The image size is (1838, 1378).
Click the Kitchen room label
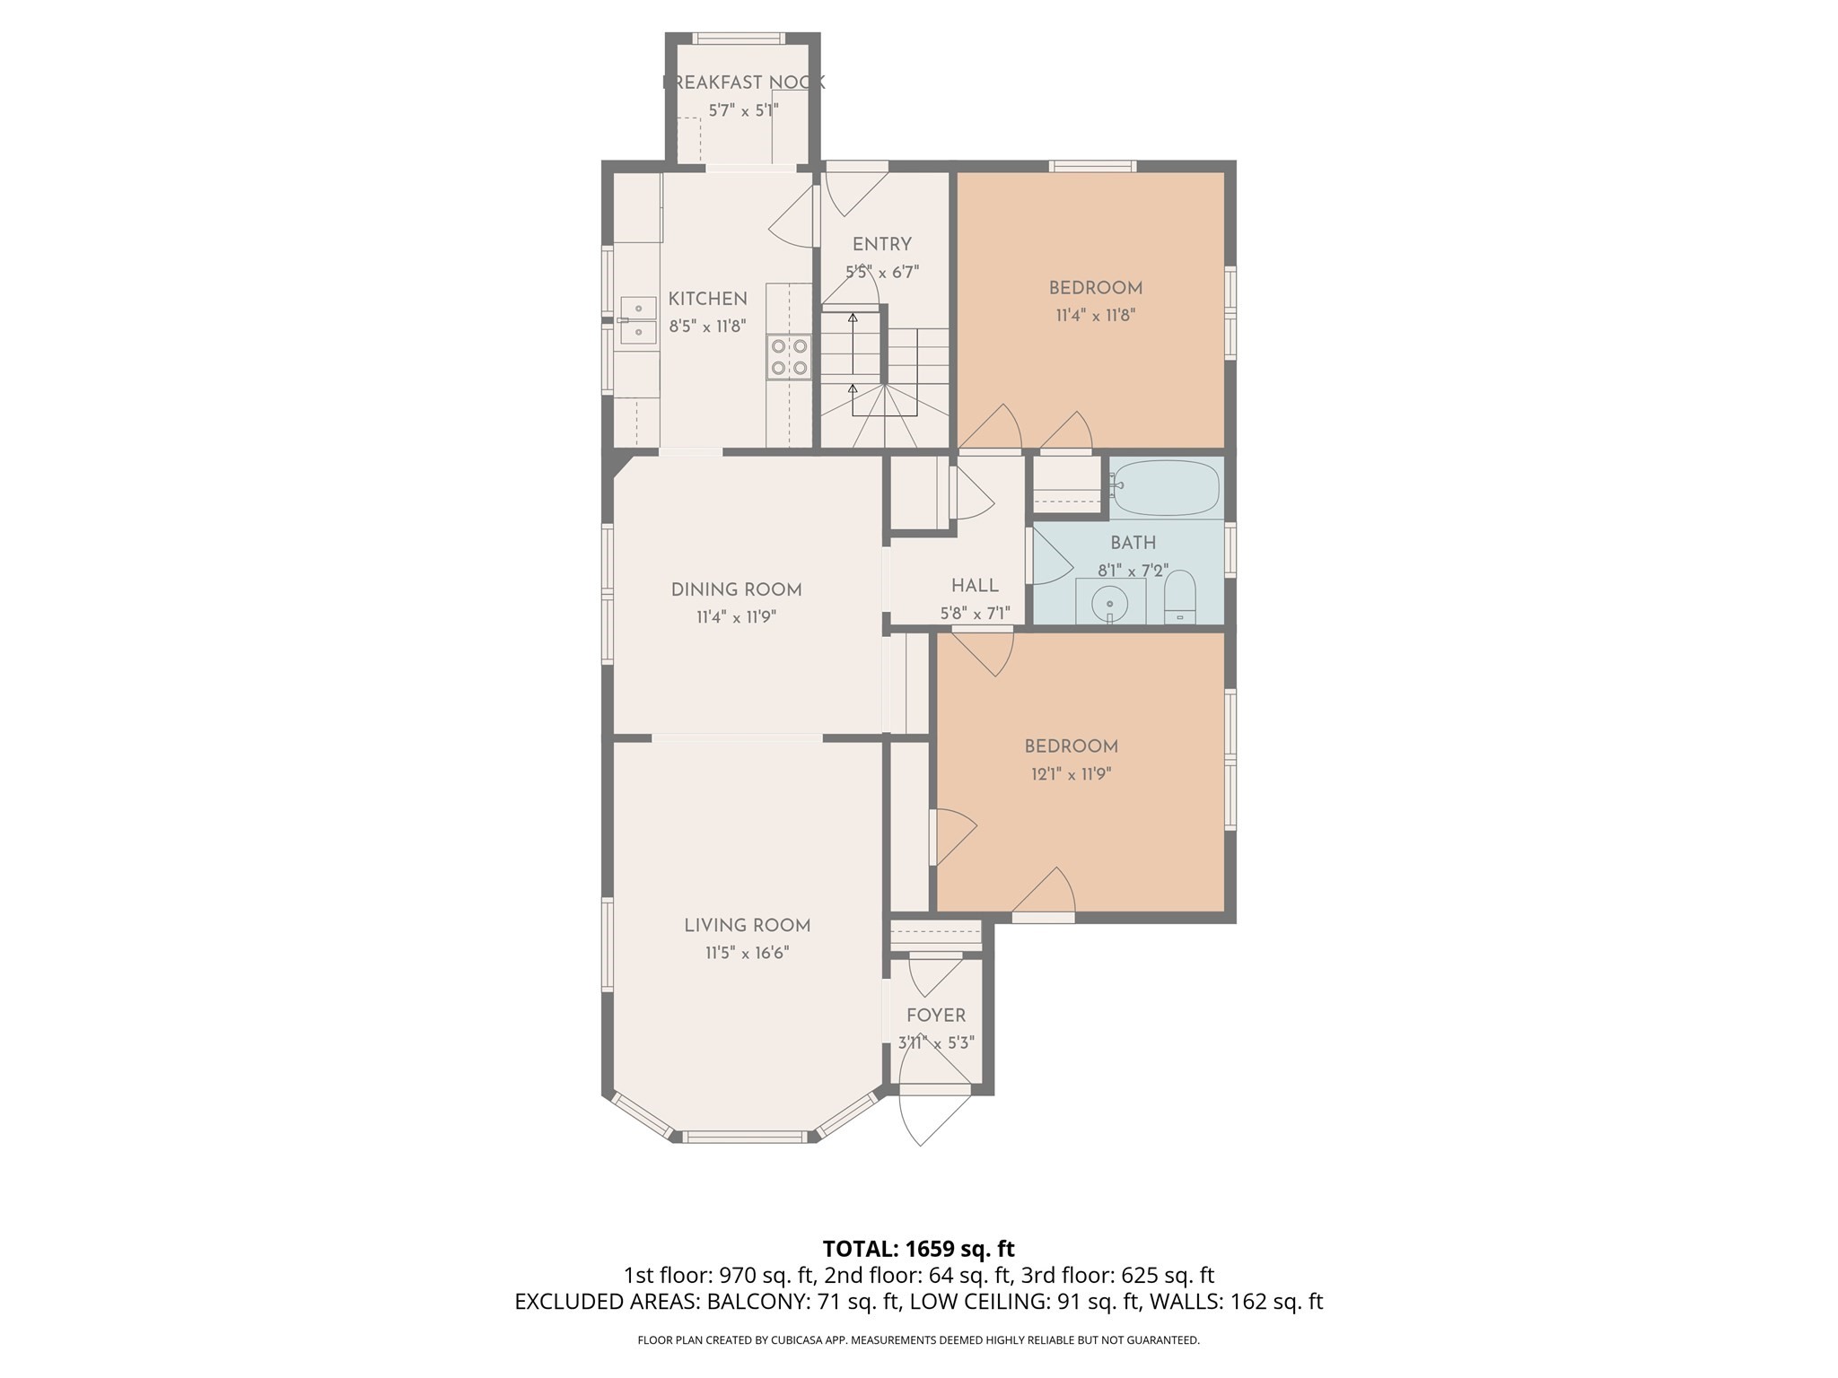[707, 299]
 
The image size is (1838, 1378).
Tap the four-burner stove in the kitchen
[789, 356]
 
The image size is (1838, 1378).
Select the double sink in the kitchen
[638, 320]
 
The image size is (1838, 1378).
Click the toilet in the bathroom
[1180, 597]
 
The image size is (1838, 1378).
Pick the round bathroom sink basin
[1110, 602]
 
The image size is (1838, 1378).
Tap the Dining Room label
[736, 589]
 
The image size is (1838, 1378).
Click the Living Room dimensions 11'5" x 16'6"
[747, 953]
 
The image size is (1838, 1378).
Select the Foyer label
[936, 1016]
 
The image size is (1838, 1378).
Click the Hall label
[975, 586]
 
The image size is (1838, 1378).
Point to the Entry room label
[881, 244]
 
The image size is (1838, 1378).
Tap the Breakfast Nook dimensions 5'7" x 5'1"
[743, 110]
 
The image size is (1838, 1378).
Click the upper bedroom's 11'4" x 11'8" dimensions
[1095, 315]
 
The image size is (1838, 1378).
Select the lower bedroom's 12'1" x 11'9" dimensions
[1071, 773]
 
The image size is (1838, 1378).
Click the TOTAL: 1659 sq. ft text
[918, 1249]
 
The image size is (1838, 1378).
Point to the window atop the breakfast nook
[739, 39]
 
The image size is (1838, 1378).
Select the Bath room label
[1133, 543]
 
